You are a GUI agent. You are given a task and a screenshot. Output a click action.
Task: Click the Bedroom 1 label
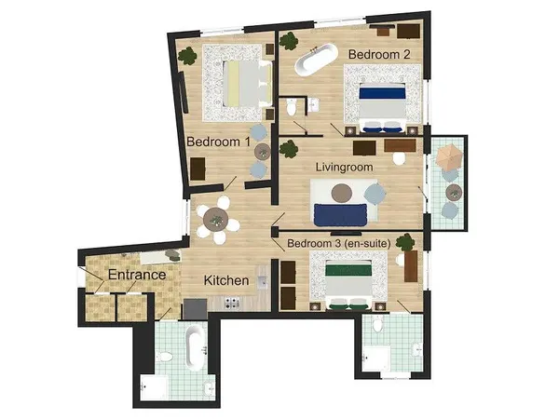[x=218, y=142]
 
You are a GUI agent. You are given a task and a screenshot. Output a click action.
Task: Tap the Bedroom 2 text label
[x=378, y=55]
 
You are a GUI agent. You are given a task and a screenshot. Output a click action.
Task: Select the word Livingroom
[x=344, y=167]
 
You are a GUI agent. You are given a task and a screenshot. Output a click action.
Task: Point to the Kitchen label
[x=226, y=280]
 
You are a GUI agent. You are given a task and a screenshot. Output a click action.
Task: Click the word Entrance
[x=137, y=276]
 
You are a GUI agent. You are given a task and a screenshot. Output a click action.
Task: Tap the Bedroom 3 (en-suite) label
[x=337, y=244]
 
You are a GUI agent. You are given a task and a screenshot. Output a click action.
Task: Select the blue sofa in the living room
[x=341, y=215]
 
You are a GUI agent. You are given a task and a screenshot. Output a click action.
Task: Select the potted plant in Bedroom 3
[x=404, y=243]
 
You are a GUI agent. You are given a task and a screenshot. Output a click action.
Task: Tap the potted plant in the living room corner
[x=288, y=147]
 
